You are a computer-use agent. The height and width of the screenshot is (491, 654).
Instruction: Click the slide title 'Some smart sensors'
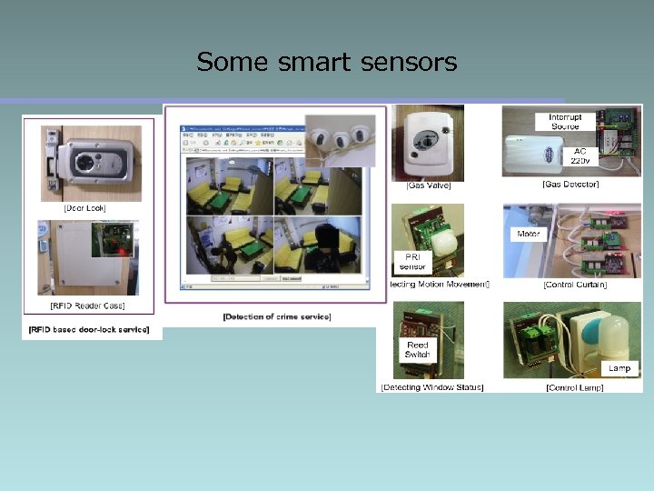tap(326, 62)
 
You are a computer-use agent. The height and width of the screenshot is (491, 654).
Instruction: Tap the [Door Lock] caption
tap(84, 208)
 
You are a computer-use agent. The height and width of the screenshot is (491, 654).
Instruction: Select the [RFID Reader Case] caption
tap(88, 306)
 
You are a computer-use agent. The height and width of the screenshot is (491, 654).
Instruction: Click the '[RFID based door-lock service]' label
tap(89, 329)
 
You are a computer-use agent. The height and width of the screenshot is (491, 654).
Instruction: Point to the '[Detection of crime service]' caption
tap(277, 316)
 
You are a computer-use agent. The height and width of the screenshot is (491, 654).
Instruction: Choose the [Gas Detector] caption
tap(570, 185)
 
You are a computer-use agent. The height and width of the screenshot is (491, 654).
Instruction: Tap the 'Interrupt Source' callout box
tap(571, 123)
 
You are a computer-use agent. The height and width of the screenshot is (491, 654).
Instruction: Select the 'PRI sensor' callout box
tap(411, 262)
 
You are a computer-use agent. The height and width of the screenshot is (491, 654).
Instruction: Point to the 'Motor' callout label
tap(529, 234)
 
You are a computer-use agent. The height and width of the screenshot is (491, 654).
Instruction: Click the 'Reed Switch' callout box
tap(417, 350)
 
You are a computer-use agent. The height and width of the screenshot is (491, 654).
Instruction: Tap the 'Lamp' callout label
tap(619, 368)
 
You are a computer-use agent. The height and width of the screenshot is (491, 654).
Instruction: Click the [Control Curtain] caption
tap(574, 286)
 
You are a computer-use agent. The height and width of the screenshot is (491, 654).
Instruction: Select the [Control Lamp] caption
tap(573, 387)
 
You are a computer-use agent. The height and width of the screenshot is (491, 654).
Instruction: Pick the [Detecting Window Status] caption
tap(432, 387)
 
